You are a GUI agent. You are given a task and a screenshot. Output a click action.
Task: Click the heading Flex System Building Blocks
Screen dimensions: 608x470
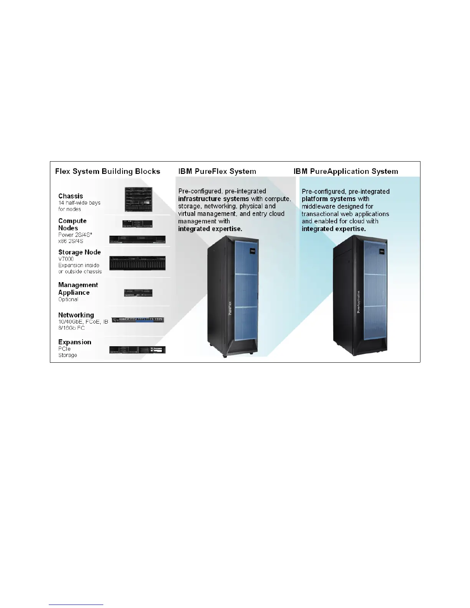click(x=108, y=171)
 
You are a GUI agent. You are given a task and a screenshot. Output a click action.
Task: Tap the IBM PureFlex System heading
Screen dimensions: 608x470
click(x=217, y=171)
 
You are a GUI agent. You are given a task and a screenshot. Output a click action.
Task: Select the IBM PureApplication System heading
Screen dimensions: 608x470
click(x=346, y=171)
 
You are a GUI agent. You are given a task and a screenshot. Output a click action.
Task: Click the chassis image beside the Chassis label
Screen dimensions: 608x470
click(x=138, y=199)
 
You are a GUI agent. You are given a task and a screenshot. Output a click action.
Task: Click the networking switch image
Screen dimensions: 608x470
click(x=138, y=320)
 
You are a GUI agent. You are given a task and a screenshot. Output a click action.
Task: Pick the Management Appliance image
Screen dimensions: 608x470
click(x=138, y=293)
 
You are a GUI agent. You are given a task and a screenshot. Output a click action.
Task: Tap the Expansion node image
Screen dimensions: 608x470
click(x=137, y=350)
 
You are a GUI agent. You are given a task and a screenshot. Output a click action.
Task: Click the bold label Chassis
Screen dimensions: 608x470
click(x=71, y=196)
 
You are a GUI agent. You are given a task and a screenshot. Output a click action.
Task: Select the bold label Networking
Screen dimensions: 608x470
click(x=76, y=315)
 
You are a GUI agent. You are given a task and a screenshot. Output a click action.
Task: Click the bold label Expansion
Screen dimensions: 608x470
click(x=75, y=342)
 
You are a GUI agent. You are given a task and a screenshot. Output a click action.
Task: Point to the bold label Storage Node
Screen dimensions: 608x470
click(x=79, y=252)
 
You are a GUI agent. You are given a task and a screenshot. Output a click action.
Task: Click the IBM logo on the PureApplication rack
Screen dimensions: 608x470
click(x=382, y=251)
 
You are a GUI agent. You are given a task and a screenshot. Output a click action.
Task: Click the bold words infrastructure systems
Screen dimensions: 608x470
click(x=214, y=199)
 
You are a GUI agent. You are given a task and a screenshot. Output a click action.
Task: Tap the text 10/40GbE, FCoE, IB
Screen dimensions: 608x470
click(x=83, y=322)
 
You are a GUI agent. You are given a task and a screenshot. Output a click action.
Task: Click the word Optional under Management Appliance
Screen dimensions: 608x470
click(x=68, y=299)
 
